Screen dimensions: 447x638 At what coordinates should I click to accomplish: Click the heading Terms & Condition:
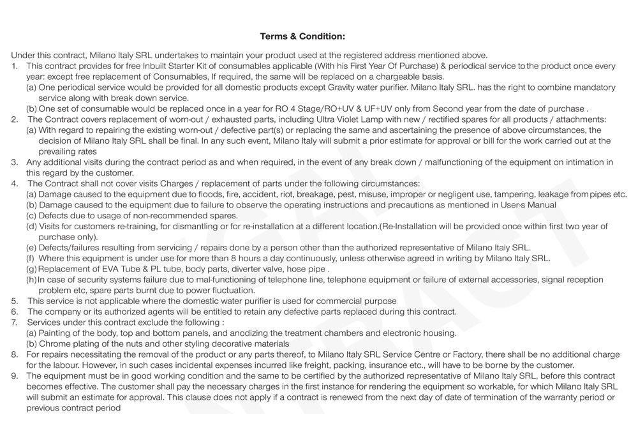click(302, 36)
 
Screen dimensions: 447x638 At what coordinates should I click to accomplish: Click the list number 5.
click(14, 301)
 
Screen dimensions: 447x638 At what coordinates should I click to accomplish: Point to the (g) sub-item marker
click(31, 269)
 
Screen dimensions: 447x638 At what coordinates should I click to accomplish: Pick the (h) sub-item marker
click(31, 280)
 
